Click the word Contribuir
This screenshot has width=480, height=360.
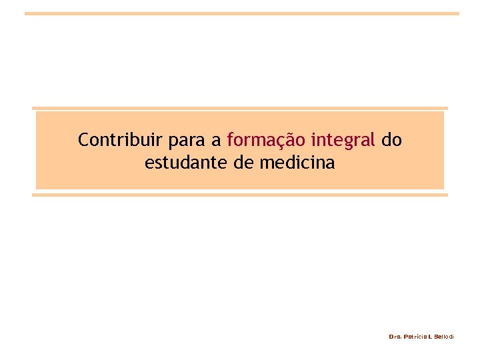[110, 140]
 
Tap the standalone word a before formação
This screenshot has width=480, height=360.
[216, 141]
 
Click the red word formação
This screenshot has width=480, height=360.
[266, 141]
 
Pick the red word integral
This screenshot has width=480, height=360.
[343, 141]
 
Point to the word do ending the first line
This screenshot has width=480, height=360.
[392, 140]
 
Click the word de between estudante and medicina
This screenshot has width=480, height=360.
[244, 162]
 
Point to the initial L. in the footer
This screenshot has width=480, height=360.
[431, 337]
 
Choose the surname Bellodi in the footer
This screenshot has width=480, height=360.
[444, 337]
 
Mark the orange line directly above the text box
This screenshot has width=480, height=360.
[240, 108]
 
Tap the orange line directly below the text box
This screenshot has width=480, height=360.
[240, 195]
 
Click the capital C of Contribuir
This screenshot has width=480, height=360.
[83, 140]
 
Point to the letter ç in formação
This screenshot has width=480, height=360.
[276, 141]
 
